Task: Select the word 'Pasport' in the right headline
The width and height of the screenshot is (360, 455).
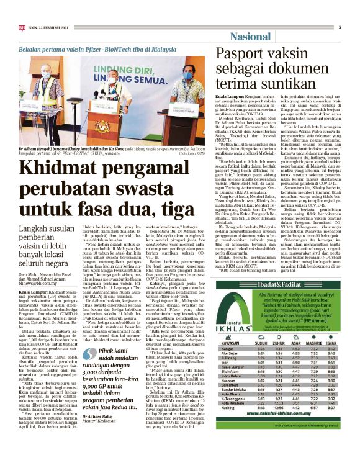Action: [237, 55]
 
